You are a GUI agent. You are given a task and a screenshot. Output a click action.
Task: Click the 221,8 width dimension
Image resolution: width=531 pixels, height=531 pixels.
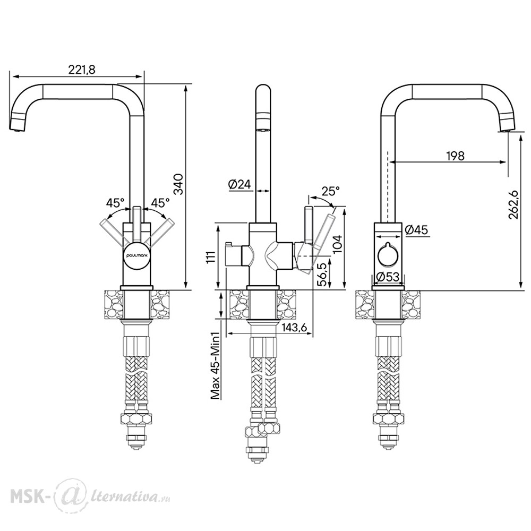point(82,70)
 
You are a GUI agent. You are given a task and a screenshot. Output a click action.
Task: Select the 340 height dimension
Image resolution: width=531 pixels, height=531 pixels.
point(178,184)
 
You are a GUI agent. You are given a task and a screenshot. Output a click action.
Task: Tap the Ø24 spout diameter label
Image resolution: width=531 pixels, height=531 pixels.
point(239,184)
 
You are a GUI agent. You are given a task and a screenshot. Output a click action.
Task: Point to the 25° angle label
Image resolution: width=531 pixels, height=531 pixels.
point(330,191)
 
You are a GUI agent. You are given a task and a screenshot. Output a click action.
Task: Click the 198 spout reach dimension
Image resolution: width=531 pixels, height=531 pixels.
point(455,156)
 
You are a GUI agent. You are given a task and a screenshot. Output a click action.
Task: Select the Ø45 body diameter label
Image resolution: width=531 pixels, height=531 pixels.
point(416,230)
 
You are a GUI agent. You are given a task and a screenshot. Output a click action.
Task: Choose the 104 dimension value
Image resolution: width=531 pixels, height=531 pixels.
point(337,244)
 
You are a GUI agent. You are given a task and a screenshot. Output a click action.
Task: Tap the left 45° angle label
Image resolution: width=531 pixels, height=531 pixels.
point(115,203)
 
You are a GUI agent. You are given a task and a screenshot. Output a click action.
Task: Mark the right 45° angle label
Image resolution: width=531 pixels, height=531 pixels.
point(160,203)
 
